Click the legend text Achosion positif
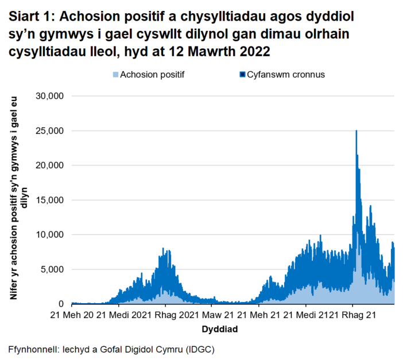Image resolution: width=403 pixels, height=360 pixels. pyautogui.click(x=152, y=75)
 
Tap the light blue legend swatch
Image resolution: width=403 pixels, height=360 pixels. pyautogui.click(x=115, y=75)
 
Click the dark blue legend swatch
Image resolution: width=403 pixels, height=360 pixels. pyautogui.click(x=242, y=75)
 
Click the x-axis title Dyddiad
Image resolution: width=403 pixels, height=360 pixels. pyautogui.click(x=219, y=330)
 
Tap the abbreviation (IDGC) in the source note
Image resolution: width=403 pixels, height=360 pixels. pyautogui.click(x=199, y=349)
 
